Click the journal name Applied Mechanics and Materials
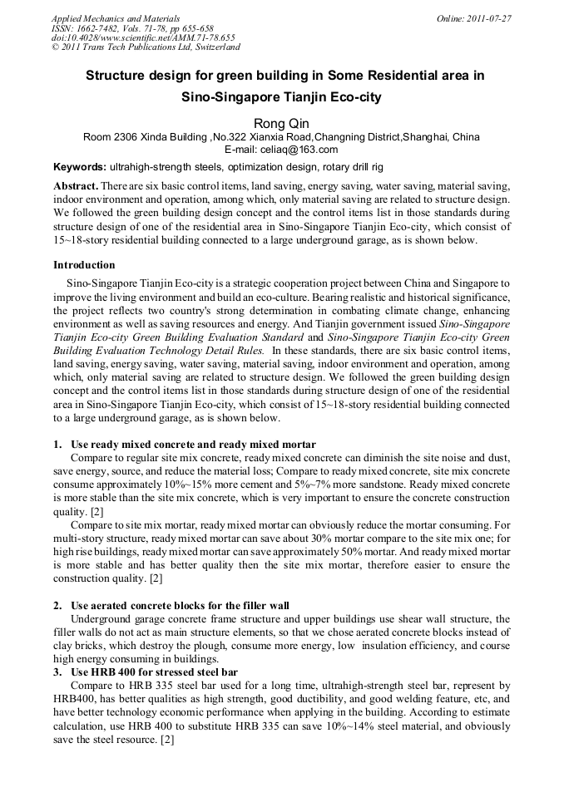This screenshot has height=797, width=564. click(x=116, y=18)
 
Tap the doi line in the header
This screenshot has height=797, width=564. click(x=142, y=37)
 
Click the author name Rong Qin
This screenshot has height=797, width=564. click(x=281, y=123)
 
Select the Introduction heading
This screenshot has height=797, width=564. click(x=84, y=265)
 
